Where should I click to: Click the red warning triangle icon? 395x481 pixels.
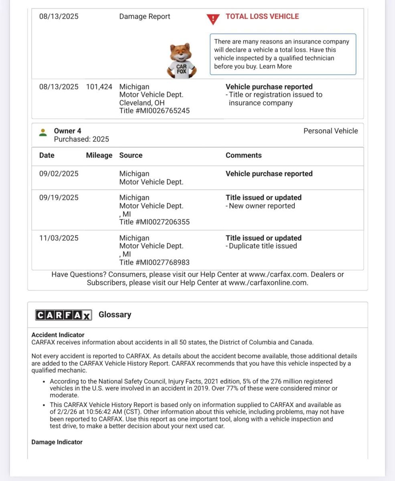click(213, 19)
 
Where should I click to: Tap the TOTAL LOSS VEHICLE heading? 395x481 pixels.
click(262, 16)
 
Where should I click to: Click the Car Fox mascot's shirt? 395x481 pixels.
click(181, 67)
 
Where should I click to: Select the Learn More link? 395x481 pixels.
click(275, 67)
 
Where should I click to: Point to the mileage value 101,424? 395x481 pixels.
click(99, 87)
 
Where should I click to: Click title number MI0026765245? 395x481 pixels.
click(154, 111)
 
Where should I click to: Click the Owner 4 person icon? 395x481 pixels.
click(43, 132)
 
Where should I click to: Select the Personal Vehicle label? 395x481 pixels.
click(330, 131)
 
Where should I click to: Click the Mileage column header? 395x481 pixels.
click(99, 156)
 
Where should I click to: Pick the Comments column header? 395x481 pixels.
click(243, 156)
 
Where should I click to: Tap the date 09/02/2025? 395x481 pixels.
click(59, 174)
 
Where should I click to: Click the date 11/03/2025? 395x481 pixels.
click(59, 238)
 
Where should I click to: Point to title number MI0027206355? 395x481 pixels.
click(154, 222)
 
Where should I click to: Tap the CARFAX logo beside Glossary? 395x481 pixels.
click(63, 315)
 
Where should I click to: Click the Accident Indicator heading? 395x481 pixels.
click(58, 335)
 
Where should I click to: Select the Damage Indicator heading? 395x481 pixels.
click(57, 442)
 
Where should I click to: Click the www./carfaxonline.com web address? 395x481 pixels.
click(268, 283)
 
